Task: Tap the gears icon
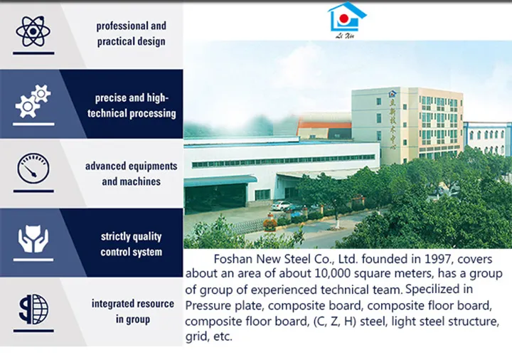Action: point(33,101)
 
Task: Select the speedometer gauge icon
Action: point(33,170)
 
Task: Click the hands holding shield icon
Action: point(33,240)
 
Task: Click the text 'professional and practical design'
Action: point(131,33)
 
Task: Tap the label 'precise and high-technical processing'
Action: point(132,105)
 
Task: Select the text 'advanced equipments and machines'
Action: point(131,174)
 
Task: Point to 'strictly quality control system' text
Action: point(131,244)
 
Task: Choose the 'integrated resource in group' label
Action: point(132,312)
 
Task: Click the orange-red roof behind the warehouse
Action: point(324,125)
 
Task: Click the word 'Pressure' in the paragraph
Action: point(208,306)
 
